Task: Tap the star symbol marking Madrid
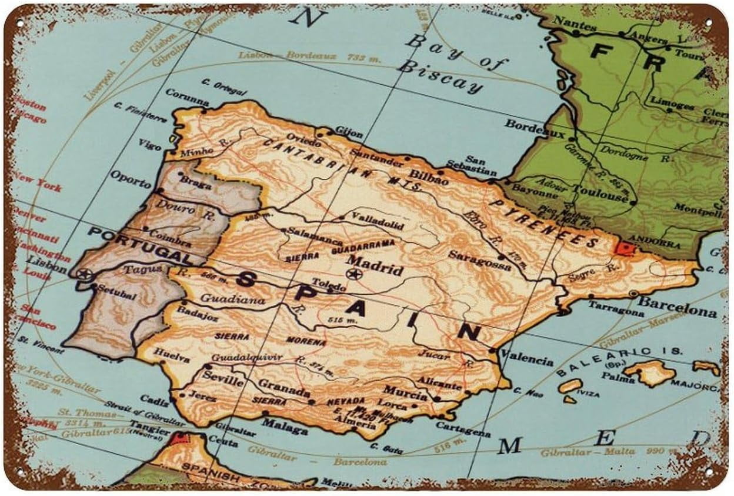[353, 273]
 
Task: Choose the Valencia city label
[526, 360]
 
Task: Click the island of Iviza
[570, 386]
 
